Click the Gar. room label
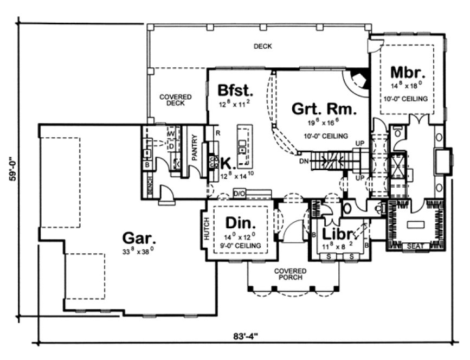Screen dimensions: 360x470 [x=139, y=237]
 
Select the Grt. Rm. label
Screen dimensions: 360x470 [x=325, y=110]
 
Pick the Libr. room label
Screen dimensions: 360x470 [x=338, y=234]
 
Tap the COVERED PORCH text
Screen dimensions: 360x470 [x=290, y=274]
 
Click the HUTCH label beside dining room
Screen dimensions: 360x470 [x=207, y=229]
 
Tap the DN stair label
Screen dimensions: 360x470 [x=304, y=161]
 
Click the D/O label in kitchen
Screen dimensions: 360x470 [x=239, y=193]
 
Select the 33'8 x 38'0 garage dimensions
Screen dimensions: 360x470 [x=139, y=250]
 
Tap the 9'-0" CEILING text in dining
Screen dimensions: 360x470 [x=241, y=246]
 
